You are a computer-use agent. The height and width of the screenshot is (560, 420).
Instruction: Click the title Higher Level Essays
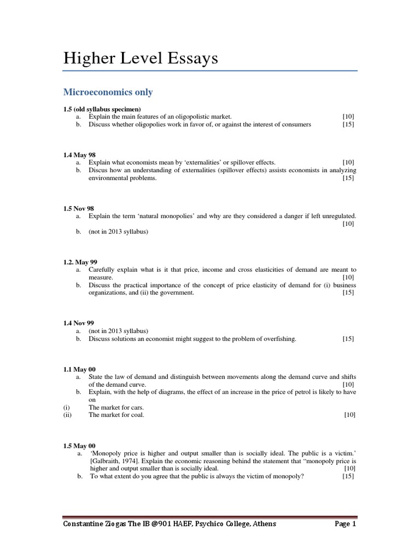pyautogui.click(x=141, y=58)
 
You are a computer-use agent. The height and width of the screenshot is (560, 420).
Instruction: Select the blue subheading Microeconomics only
pyautogui.click(x=108, y=92)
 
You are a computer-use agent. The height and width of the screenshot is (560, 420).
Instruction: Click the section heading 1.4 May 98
pyautogui.click(x=79, y=155)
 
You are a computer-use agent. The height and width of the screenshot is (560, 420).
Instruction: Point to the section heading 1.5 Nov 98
pyautogui.click(x=79, y=208)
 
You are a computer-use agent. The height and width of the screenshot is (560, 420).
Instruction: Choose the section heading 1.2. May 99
pyautogui.click(x=80, y=262)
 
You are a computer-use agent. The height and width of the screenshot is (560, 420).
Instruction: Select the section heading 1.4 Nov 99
pyautogui.click(x=79, y=323)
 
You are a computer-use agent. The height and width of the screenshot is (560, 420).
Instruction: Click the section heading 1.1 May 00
pyautogui.click(x=80, y=369)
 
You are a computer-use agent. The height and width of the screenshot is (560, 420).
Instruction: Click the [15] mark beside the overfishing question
pyautogui.click(x=348, y=339)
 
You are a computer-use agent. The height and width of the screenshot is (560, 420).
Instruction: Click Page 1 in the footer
pyautogui.click(x=345, y=524)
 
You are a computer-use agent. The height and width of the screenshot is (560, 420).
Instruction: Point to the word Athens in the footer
pyautogui.click(x=264, y=524)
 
